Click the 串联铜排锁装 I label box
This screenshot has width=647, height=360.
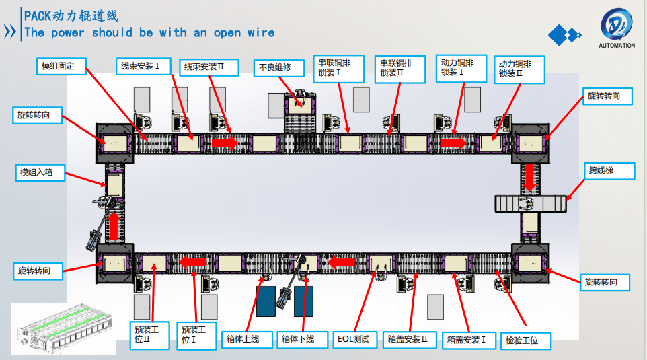338,68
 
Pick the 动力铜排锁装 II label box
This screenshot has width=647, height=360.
519,69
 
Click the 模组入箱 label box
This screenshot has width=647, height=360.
41,172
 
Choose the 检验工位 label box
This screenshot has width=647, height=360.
527,340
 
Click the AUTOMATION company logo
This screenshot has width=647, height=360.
616,30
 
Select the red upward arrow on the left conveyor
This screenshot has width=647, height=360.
114,225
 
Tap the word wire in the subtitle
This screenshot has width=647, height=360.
260,32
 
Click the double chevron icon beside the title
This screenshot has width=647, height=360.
10,32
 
